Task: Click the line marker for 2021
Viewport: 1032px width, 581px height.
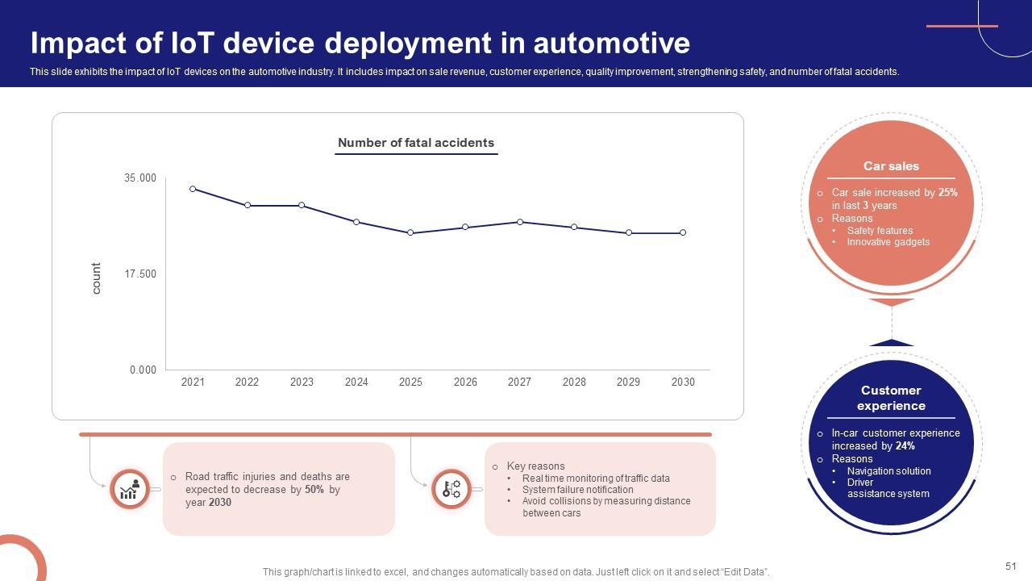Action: pyautogui.click(x=193, y=189)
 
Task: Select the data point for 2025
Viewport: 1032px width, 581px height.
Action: pyautogui.click(x=410, y=232)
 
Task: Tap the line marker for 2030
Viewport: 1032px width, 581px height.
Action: pyautogui.click(x=683, y=232)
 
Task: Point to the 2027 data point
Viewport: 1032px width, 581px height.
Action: pyautogui.click(x=519, y=222)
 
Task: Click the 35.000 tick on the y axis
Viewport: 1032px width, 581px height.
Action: pyautogui.click(x=140, y=178)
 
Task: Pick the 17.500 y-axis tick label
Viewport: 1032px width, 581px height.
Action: pyautogui.click(x=140, y=274)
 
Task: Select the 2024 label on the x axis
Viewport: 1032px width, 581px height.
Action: pyautogui.click(x=356, y=382)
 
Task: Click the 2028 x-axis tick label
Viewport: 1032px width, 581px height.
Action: pyautogui.click(x=574, y=382)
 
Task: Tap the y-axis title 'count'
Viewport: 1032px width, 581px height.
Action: pyautogui.click(x=97, y=278)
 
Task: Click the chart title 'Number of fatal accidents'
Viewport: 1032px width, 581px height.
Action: pyautogui.click(x=416, y=143)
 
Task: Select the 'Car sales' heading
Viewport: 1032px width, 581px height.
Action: pyautogui.click(x=891, y=166)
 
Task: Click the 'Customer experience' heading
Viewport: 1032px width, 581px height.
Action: pyautogui.click(x=891, y=398)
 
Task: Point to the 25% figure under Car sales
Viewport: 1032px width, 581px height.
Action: pyautogui.click(x=948, y=193)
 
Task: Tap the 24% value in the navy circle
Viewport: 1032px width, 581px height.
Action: pyautogui.click(x=905, y=445)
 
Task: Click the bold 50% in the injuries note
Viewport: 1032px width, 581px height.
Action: pyautogui.click(x=314, y=490)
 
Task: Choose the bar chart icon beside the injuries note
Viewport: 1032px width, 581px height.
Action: pyautogui.click(x=130, y=489)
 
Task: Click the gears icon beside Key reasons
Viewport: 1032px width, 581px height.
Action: pyautogui.click(x=451, y=489)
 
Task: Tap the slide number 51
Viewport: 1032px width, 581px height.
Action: pyautogui.click(x=1011, y=566)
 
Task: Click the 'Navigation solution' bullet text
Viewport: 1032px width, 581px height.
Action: pyautogui.click(x=888, y=471)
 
